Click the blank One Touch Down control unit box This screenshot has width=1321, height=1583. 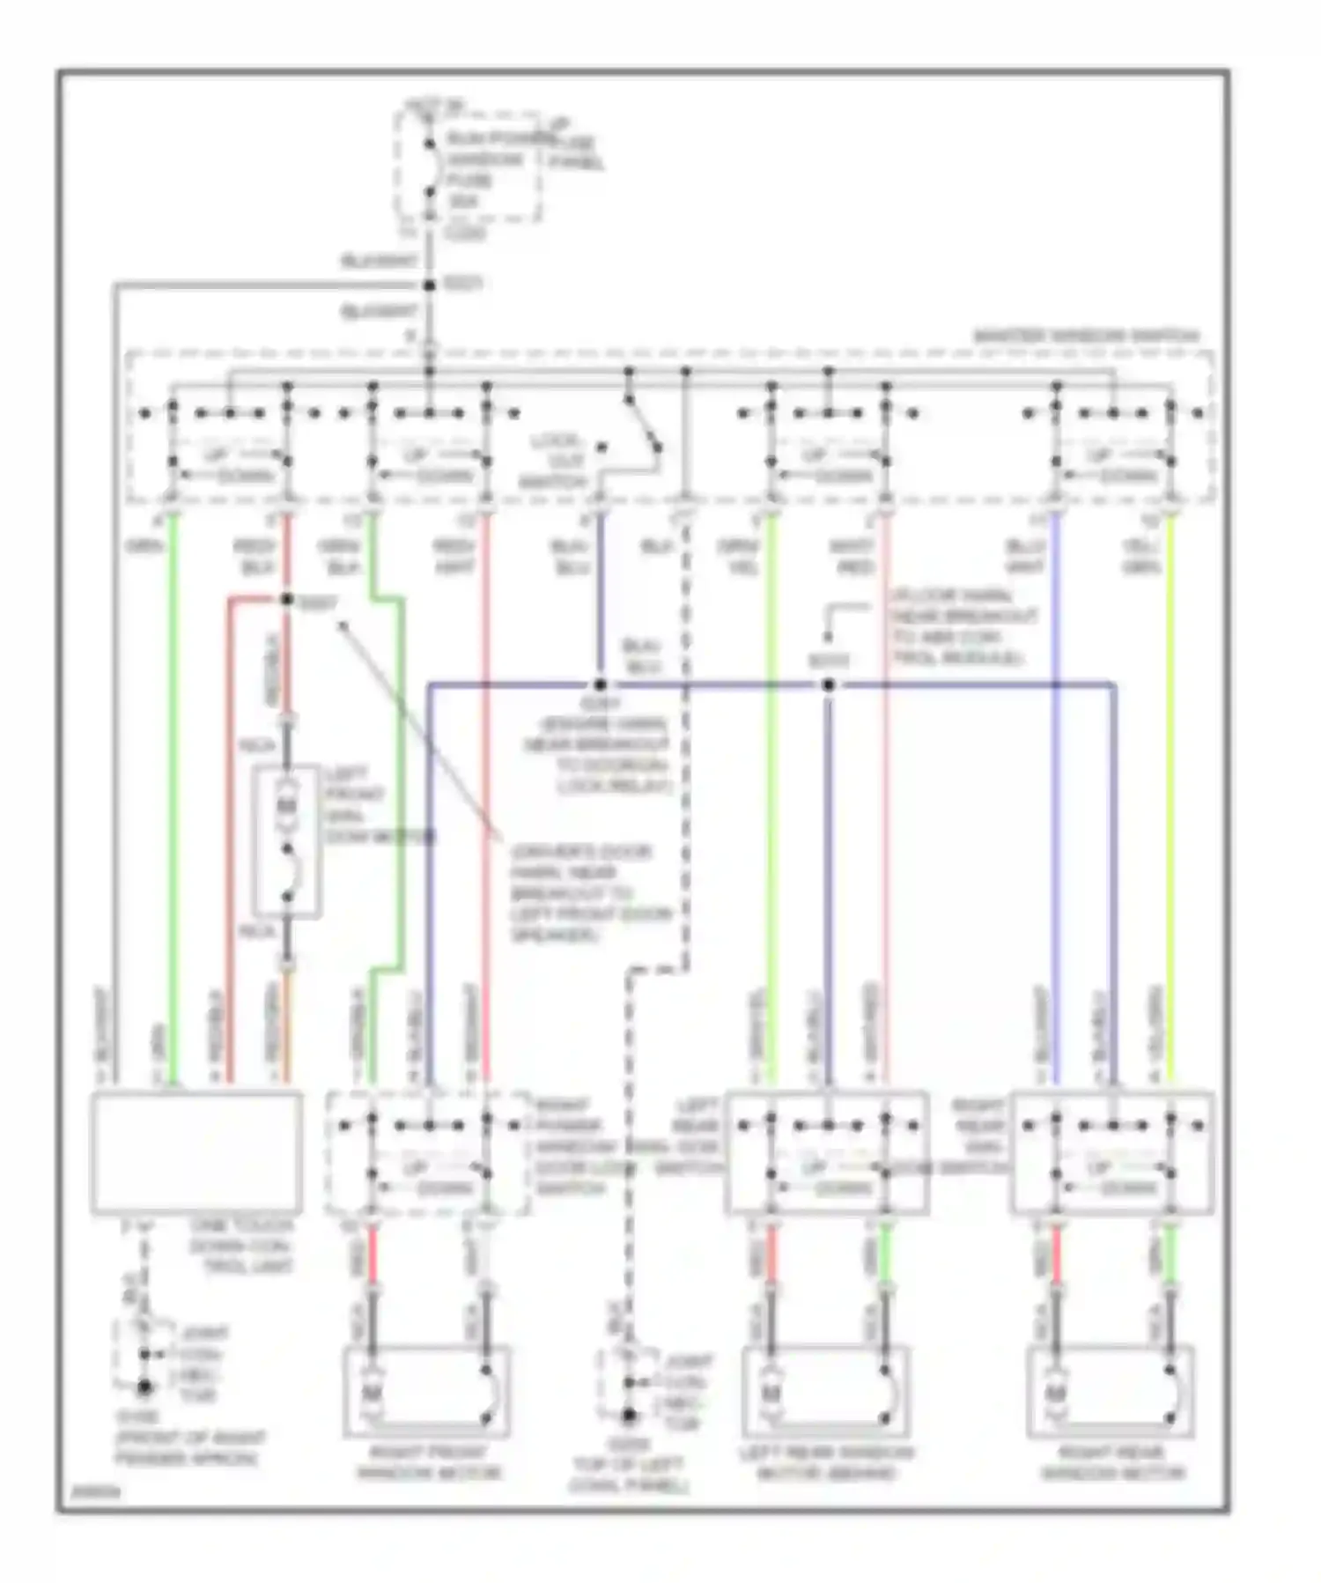pyautogui.click(x=197, y=1152)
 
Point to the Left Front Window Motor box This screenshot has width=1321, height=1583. pyautogui.click(x=287, y=842)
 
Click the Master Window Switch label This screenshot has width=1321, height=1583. pyautogui.click(x=1087, y=337)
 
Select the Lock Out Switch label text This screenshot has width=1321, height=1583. pyautogui.click(x=555, y=461)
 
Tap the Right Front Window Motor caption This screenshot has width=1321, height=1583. pyautogui.click(x=427, y=1463)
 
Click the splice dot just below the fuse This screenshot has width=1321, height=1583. pyautogui.click(x=429, y=285)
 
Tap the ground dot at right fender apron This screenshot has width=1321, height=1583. pyautogui.click(x=143, y=1389)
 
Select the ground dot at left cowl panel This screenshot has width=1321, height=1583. pyautogui.click(x=629, y=1417)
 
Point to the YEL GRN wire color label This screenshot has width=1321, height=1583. pyautogui.click(x=1141, y=558)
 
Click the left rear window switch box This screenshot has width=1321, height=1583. pyautogui.click(x=826, y=1152)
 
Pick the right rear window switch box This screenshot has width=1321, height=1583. pyautogui.click(x=1112, y=1152)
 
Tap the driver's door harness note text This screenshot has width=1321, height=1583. pyautogui.click(x=588, y=893)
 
